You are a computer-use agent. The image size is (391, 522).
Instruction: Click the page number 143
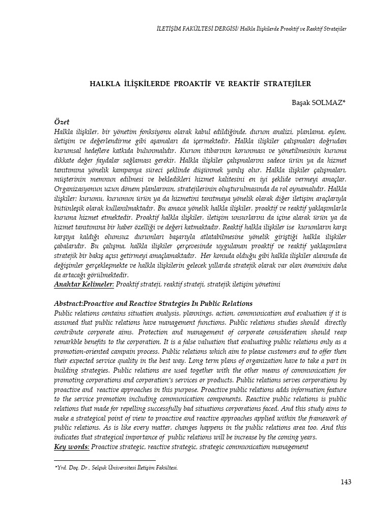(x=345, y=482)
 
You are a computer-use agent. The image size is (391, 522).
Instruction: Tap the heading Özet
(x=62, y=122)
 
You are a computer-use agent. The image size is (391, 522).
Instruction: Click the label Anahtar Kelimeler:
(x=84, y=283)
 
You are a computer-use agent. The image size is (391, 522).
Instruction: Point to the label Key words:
(x=72, y=447)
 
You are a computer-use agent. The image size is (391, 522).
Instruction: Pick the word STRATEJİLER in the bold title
(x=286, y=83)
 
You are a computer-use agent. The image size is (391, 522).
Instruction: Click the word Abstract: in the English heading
(x=70, y=303)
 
